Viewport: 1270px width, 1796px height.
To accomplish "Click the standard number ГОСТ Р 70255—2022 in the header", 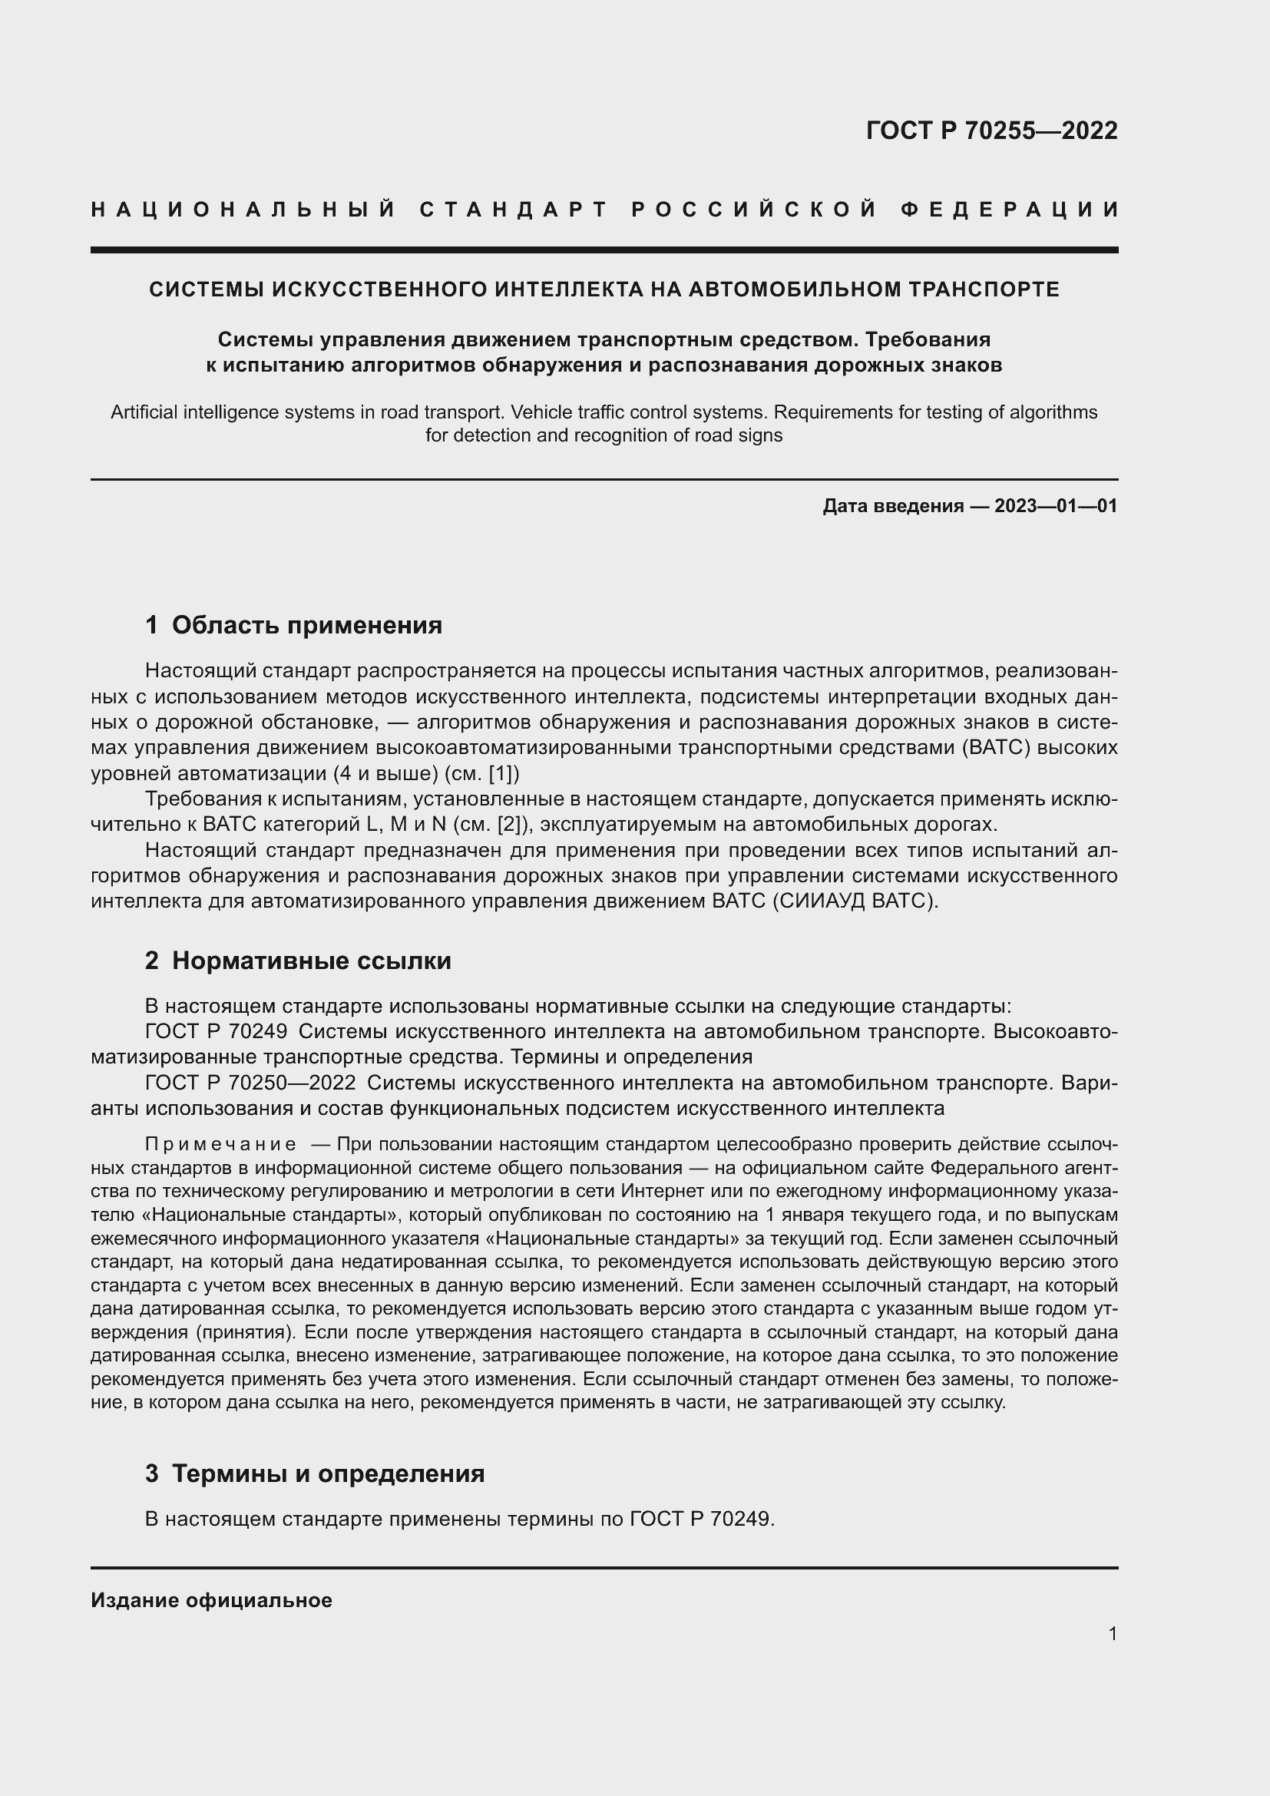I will [x=991, y=130].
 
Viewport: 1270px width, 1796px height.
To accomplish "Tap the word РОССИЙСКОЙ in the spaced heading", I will [x=755, y=210].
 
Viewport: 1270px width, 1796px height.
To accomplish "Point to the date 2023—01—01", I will [x=1056, y=506].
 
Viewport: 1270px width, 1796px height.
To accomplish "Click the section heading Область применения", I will [x=306, y=625].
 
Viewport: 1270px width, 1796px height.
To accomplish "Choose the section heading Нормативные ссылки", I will [x=311, y=961].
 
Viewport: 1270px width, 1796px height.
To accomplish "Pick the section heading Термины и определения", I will [x=328, y=1474].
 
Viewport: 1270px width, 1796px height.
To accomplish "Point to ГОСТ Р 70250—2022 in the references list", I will [x=250, y=1083].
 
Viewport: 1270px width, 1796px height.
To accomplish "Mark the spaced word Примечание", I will [x=220, y=1144].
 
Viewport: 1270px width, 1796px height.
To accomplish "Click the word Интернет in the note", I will [x=655, y=1192].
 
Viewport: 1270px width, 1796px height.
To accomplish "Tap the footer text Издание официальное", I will [x=211, y=1600].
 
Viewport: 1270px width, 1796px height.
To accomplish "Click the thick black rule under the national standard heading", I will [x=604, y=250].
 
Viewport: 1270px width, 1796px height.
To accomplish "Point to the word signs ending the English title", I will [x=764, y=435].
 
